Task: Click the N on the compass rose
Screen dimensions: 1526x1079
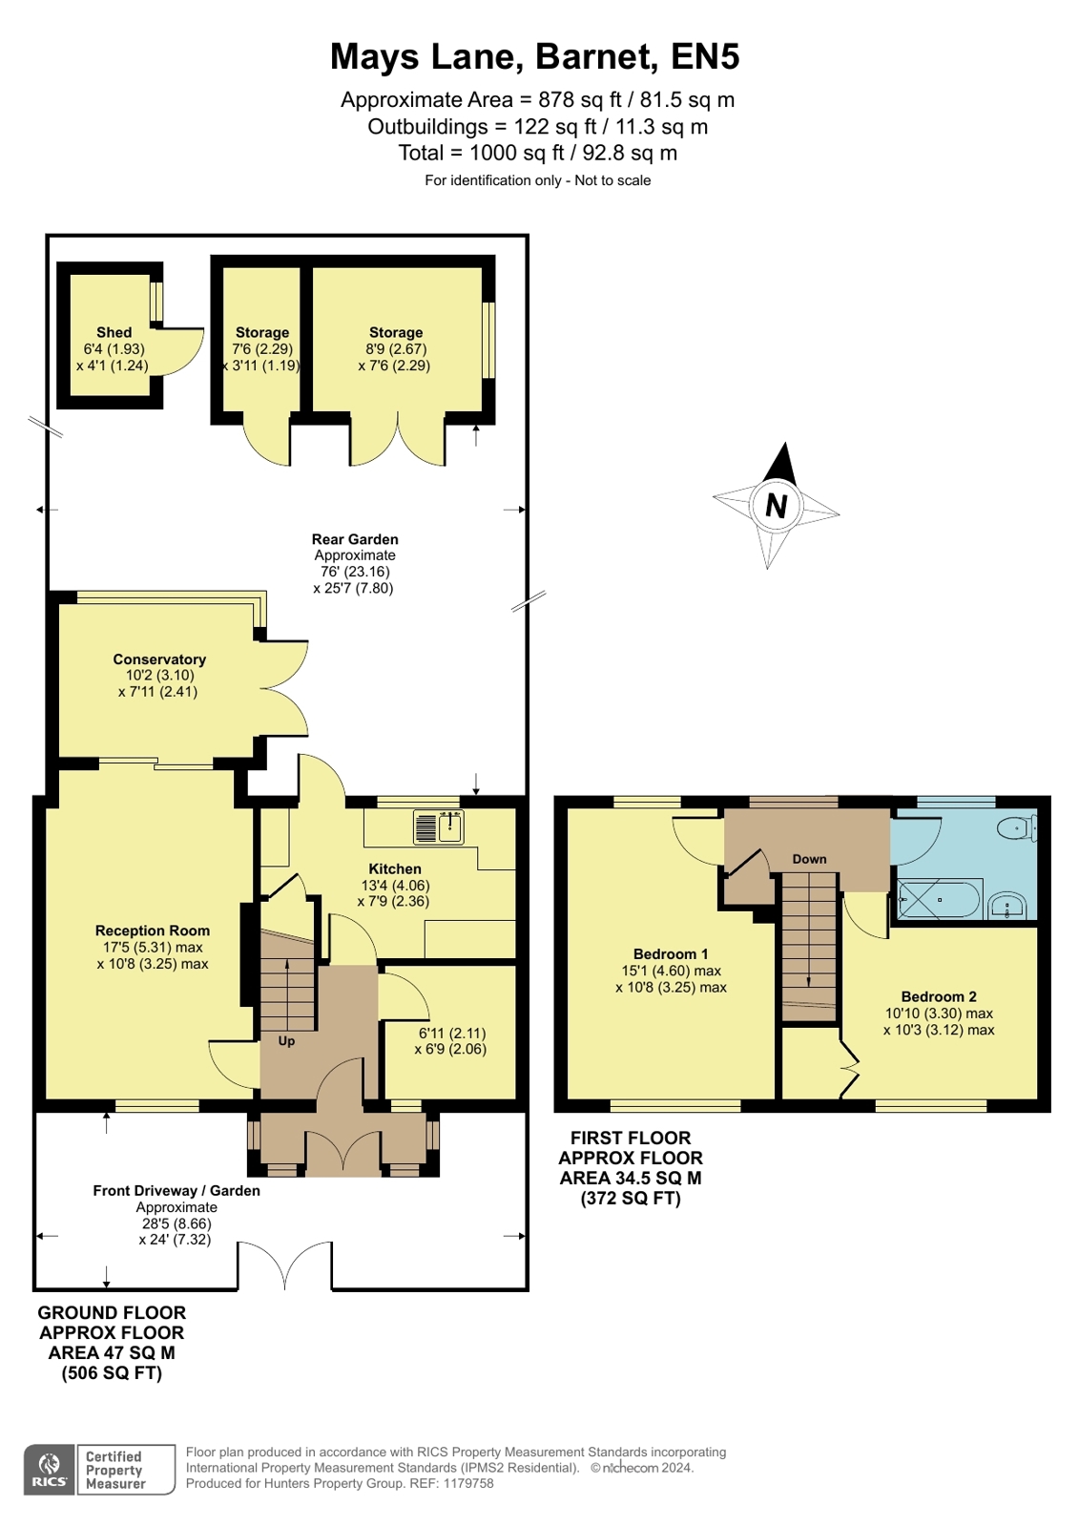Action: click(x=776, y=506)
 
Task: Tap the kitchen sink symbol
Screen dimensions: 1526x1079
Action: click(x=439, y=826)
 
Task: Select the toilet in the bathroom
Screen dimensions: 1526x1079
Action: click(x=1017, y=827)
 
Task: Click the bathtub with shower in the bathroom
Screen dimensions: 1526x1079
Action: click(x=939, y=900)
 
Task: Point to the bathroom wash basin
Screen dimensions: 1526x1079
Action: click(x=1006, y=905)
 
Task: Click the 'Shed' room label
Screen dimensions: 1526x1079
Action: click(x=114, y=332)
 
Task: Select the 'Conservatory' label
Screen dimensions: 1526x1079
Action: click(x=159, y=659)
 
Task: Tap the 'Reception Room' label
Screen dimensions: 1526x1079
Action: click(x=153, y=930)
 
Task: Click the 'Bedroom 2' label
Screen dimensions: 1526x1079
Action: click(x=939, y=996)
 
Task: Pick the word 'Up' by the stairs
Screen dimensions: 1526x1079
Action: click(x=286, y=1041)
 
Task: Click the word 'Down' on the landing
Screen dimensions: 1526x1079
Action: click(x=809, y=859)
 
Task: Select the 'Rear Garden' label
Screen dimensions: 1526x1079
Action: click(x=355, y=539)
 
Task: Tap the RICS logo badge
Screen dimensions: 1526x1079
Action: click(x=49, y=1470)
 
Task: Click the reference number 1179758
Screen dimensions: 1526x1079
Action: click(x=468, y=1483)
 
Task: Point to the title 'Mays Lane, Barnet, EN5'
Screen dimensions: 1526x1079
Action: click(x=534, y=57)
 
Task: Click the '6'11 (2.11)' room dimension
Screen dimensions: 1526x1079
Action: click(x=452, y=1033)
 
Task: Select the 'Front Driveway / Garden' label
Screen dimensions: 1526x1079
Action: click(x=176, y=1190)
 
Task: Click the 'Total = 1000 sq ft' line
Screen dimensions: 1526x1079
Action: click(x=538, y=153)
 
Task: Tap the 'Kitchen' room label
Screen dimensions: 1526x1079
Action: click(x=395, y=868)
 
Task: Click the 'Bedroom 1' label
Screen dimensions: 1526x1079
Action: click(x=671, y=953)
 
